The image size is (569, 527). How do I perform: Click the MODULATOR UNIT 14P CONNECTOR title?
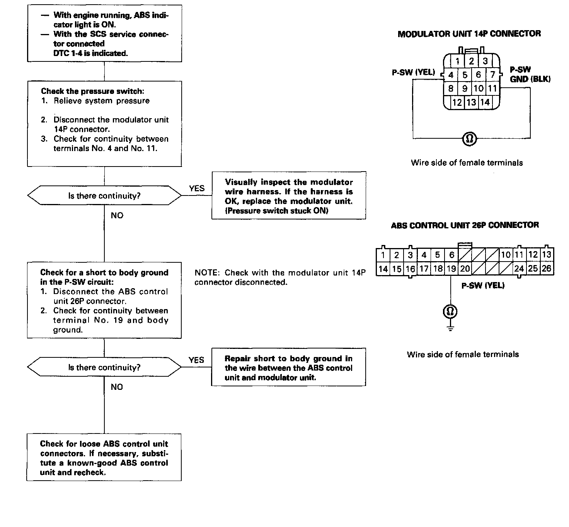coord(469,34)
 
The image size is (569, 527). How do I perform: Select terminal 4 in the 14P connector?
coord(451,75)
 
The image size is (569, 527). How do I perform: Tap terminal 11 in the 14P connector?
coord(492,88)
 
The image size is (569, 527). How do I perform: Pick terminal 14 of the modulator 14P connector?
coord(485,102)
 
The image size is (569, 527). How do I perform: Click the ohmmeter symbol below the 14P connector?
coord(470,138)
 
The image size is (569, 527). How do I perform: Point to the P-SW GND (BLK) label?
coord(530,74)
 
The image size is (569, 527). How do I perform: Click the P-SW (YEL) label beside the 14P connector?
coord(413,72)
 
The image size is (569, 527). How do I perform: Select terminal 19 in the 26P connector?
coord(451,269)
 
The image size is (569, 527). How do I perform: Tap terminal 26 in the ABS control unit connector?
coord(547,269)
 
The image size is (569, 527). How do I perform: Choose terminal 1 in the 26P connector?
coord(383,255)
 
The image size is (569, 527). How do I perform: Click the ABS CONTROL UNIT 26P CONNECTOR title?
coord(465,225)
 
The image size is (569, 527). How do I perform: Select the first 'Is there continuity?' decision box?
coord(104,196)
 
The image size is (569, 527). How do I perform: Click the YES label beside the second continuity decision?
coord(196,360)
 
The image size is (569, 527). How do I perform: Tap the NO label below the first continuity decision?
coord(117,216)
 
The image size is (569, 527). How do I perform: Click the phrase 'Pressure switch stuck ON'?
coord(277,211)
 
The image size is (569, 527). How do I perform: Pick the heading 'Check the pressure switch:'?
coord(92,91)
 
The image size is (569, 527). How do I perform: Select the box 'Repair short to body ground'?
coord(288,368)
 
